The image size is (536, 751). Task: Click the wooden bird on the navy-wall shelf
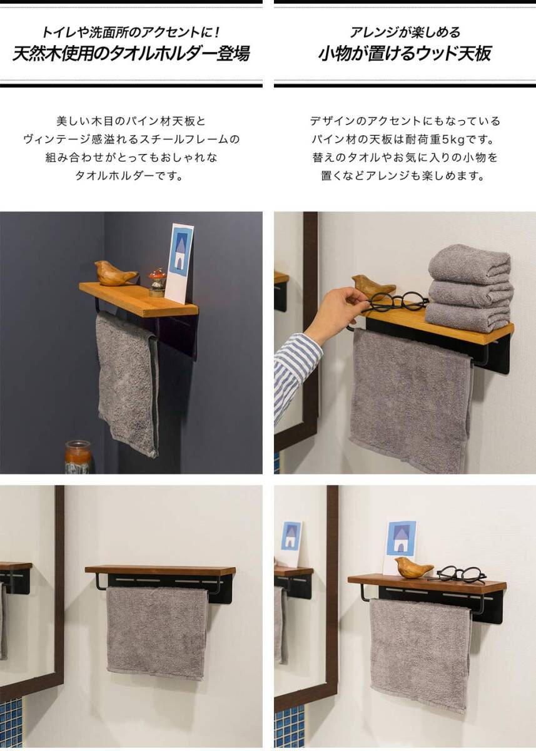click(115, 273)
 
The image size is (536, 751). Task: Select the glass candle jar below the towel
click(78, 457)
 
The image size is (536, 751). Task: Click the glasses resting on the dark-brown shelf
click(458, 574)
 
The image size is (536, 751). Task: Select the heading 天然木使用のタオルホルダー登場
click(131, 54)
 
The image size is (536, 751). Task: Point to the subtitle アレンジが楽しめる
click(405, 33)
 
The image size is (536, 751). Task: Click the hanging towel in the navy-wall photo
click(128, 384)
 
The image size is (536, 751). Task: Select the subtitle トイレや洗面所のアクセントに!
click(131, 33)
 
